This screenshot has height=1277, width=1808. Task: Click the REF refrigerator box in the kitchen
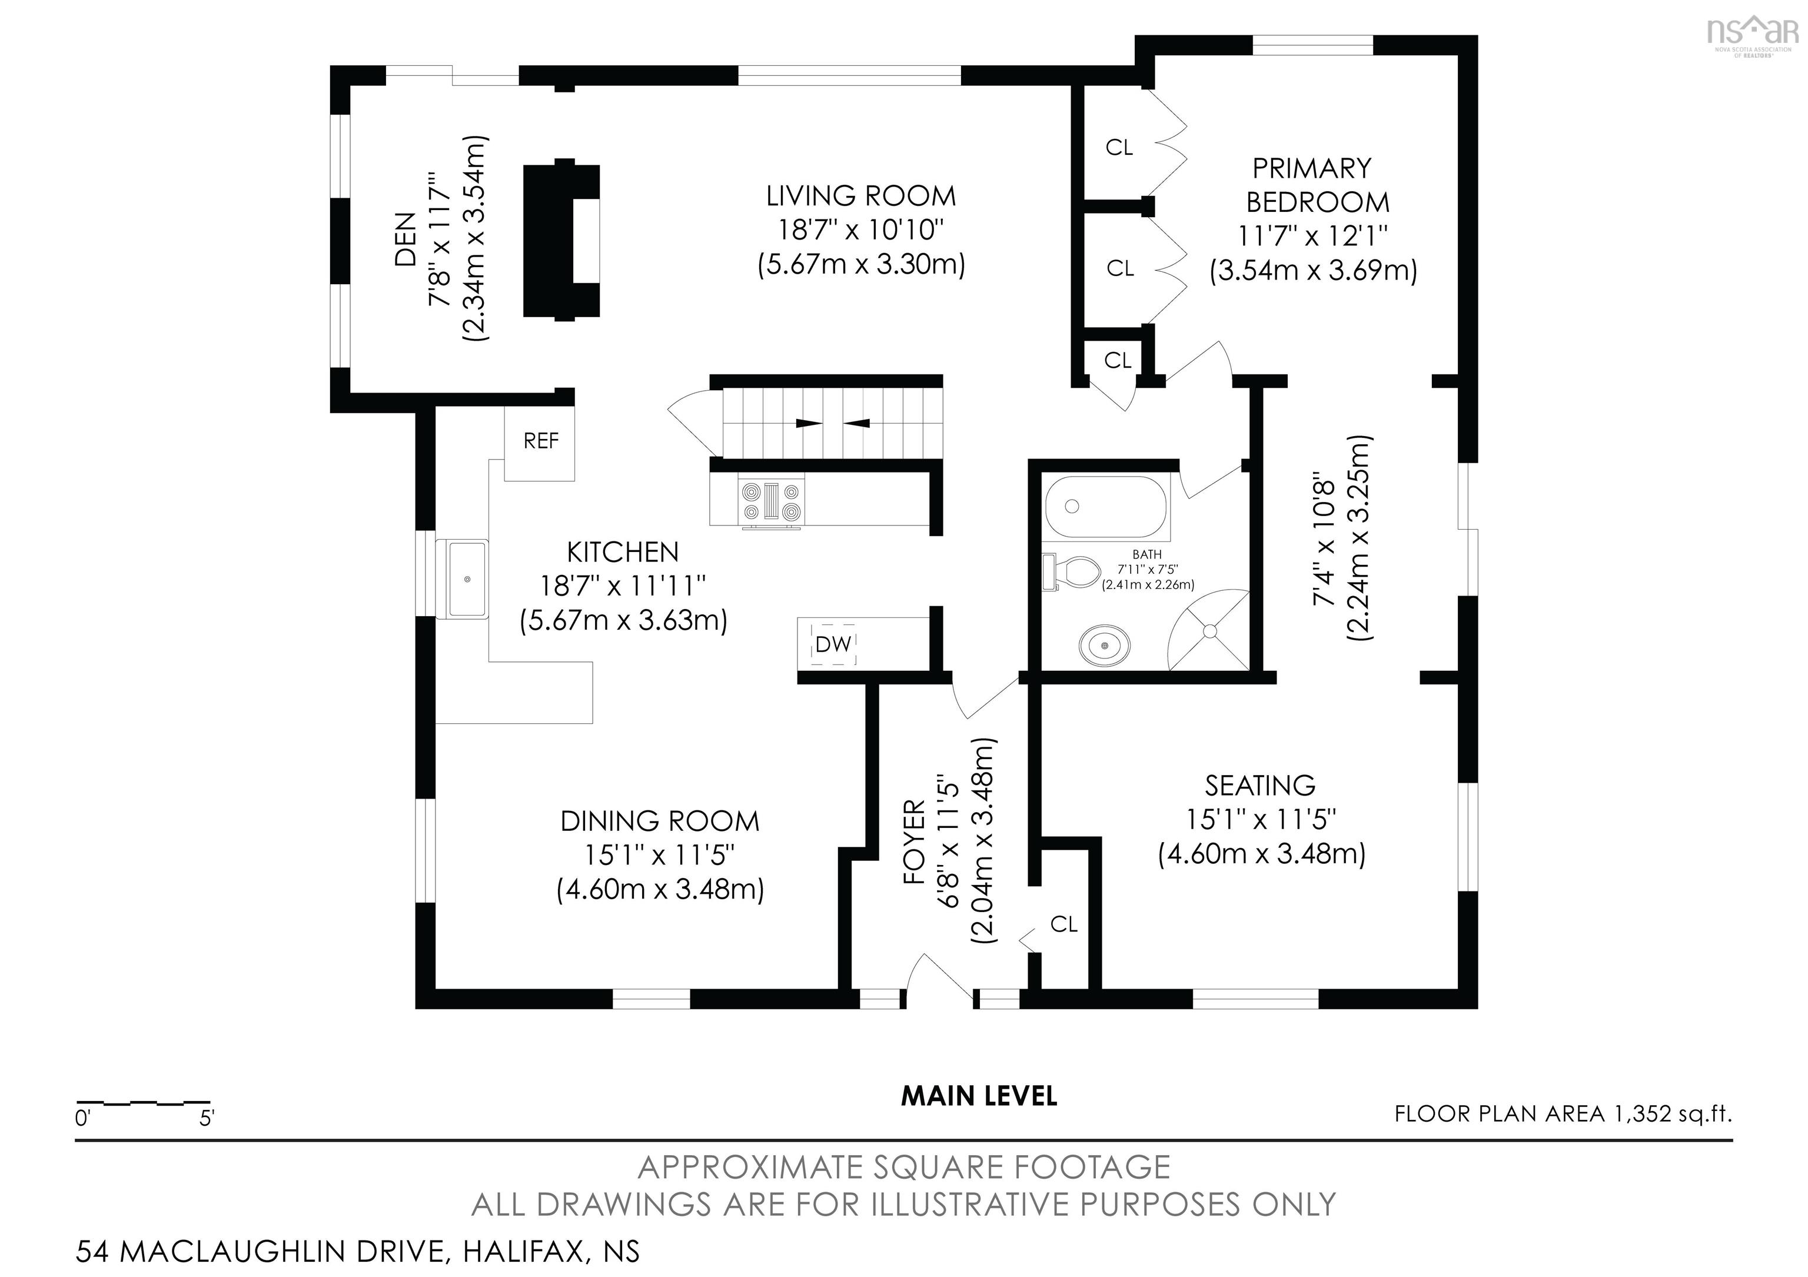tap(540, 443)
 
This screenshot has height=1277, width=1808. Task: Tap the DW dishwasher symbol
tap(833, 644)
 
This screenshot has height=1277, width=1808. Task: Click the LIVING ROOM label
tap(860, 196)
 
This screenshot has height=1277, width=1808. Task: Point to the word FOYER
tap(913, 842)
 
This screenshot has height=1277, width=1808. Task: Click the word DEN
tap(405, 240)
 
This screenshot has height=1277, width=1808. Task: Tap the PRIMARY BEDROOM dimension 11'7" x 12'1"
tap(1312, 235)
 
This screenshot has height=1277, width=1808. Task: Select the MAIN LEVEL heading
tap(979, 1096)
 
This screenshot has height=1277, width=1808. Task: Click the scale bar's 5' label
tap(207, 1118)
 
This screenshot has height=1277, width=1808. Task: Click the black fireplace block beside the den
tap(562, 240)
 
